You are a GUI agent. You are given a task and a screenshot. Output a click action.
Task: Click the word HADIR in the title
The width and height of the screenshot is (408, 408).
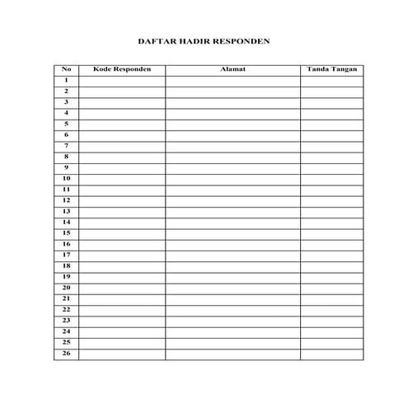194,39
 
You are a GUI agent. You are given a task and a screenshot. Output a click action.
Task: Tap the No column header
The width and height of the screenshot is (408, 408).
66,69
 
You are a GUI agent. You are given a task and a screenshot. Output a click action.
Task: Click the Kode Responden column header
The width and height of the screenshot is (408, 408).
122,69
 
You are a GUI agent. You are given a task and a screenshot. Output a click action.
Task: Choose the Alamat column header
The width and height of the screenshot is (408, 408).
232,69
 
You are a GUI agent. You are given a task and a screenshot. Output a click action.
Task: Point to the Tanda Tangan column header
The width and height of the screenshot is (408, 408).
331,69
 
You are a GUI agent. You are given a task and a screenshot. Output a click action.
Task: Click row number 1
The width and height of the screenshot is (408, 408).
66,80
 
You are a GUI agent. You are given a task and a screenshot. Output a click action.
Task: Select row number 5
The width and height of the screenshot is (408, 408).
66,124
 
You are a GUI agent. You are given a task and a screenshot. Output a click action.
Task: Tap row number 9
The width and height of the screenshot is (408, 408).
66,167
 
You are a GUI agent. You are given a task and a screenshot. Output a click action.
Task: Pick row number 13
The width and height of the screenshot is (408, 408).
66,211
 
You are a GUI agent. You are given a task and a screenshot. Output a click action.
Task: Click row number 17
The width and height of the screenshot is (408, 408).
66,255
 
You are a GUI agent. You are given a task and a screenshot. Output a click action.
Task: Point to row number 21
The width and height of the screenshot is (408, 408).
66,298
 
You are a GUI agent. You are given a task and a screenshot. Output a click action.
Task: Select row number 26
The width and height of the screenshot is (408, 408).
66,353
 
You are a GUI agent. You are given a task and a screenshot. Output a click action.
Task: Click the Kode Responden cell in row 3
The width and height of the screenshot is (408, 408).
122,102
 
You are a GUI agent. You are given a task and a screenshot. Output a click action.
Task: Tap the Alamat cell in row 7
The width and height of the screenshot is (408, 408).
232,146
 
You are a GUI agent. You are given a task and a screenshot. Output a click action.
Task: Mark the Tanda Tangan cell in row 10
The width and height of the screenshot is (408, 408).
331,178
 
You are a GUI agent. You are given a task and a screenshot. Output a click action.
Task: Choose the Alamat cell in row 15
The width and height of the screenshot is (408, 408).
232,233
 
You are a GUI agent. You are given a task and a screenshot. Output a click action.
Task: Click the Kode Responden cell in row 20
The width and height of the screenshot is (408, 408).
122,288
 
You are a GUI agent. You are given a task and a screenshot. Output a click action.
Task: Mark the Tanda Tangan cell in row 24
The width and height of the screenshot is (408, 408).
331,331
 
